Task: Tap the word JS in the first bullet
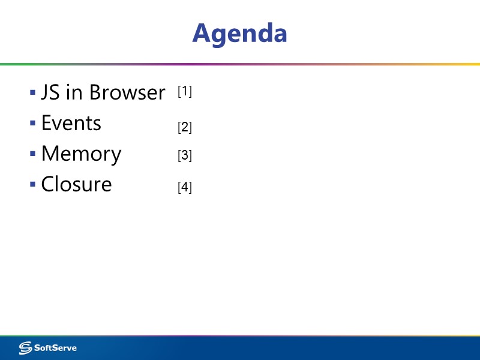(50, 92)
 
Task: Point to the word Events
(71, 123)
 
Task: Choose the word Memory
(81, 154)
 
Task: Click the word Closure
(76, 184)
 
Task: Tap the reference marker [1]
(185, 92)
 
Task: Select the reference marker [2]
(185, 127)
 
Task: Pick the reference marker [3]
(185, 155)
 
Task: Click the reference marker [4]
(185, 187)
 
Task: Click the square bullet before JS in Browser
(32, 93)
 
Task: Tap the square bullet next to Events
(32, 124)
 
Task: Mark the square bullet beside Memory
(32, 154)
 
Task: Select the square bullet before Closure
(32, 184)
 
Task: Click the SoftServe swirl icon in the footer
(26, 348)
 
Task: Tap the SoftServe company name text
(55, 348)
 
